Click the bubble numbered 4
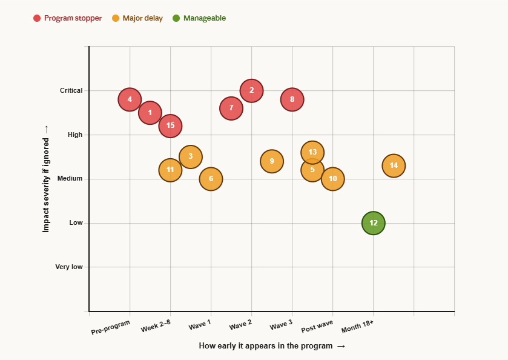(x=130, y=99)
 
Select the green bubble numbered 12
(x=374, y=223)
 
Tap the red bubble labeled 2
(x=251, y=91)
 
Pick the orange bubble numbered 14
(x=394, y=165)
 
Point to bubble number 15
(x=170, y=126)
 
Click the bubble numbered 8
(x=292, y=99)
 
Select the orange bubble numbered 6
(x=211, y=179)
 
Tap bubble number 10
(x=333, y=179)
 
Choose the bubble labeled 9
(x=272, y=161)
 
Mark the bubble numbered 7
(x=231, y=108)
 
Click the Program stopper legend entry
(x=67, y=18)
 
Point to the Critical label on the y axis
(x=71, y=91)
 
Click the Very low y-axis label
(x=69, y=267)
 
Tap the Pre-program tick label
(x=111, y=327)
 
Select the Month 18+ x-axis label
(x=357, y=327)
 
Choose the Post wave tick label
(x=317, y=326)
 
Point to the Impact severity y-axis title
(x=46, y=179)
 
